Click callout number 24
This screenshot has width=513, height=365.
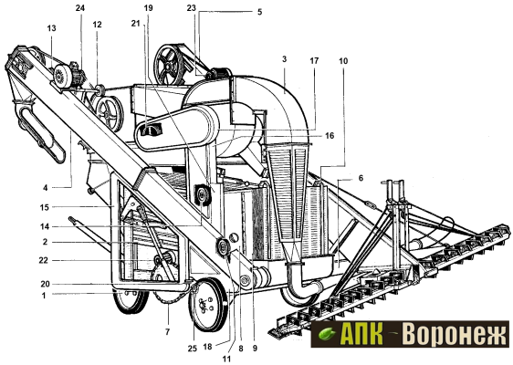[x=80, y=8]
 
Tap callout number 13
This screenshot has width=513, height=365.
[x=51, y=28]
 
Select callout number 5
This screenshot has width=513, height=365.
[x=260, y=12]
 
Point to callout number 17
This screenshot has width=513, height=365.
[x=314, y=60]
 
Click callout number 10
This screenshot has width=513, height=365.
[x=343, y=60]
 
